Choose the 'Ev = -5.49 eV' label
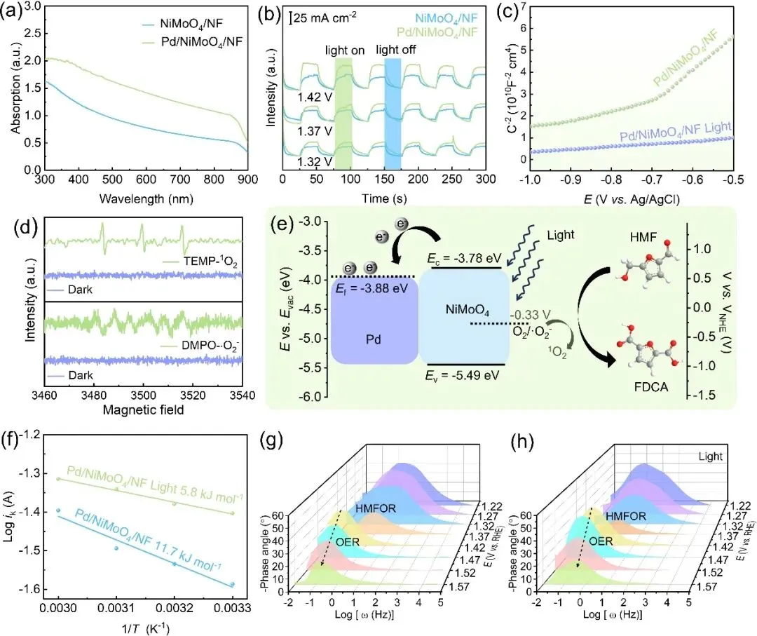463,374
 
